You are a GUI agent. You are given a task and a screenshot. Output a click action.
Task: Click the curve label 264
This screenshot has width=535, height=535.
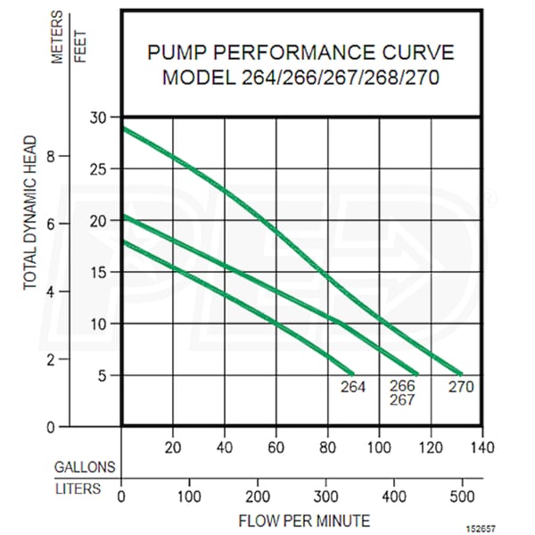point(353,387)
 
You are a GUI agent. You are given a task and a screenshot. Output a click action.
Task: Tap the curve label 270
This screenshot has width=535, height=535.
point(461,387)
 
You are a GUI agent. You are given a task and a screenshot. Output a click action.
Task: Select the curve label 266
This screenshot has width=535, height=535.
point(404,387)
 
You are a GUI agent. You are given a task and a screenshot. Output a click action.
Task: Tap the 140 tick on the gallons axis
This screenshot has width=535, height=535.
point(482,446)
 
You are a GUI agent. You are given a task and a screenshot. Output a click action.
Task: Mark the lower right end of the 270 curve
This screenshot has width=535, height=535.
point(460,374)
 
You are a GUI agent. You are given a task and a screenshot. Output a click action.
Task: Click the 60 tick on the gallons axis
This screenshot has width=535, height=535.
point(276,446)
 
